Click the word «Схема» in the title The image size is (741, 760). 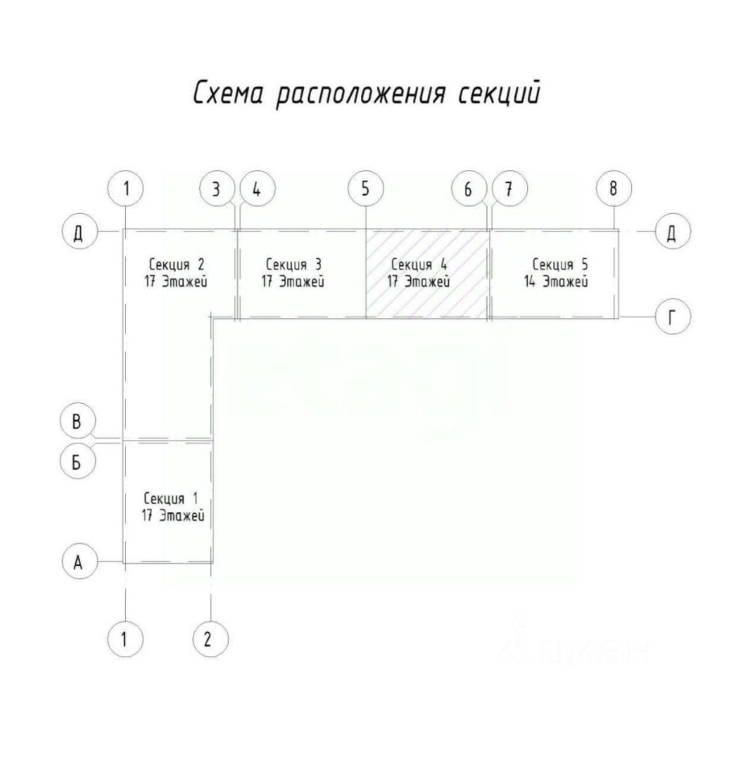[x=229, y=93]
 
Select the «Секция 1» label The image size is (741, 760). [x=171, y=499]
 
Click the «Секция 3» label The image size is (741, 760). [x=294, y=264]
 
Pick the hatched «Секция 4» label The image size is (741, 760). [x=419, y=264]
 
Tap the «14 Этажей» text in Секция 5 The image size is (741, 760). [x=560, y=281]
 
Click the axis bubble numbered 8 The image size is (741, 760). [x=614, y=189]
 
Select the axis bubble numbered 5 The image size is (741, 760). [x=365, y=189]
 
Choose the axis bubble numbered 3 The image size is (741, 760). [x=216, y=189]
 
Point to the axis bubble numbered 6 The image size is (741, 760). [x=468, y=189]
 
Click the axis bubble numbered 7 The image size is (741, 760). [x=508, y=189]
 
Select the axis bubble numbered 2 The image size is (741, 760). [x=209, y=639]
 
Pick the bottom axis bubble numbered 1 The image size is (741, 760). [x=124, y=639]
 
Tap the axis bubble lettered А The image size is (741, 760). [x=78, y=562]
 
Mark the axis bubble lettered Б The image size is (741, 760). [x=78, y=462]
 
